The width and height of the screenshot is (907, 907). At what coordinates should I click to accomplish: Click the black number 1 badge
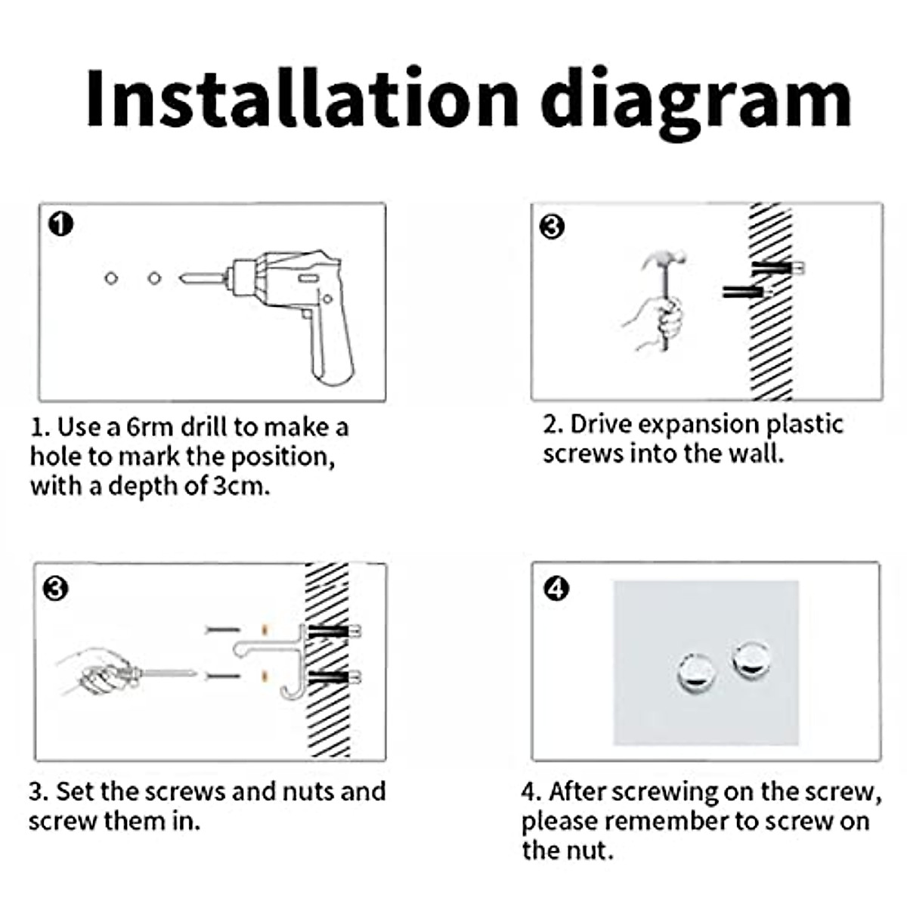[x=60, y=224]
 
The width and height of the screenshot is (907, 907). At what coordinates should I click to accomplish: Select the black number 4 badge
[x=556, y=588]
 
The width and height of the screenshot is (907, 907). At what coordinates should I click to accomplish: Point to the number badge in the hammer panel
[x=552, y=227]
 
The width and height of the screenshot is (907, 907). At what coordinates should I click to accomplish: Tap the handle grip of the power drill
[x=333, y=348]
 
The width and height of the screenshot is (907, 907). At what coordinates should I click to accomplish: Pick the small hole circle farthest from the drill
[x=111, y=278]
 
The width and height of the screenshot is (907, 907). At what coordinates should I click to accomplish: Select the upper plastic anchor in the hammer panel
[x=777, y=268]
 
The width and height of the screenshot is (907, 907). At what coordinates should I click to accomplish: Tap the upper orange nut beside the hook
[x=265, y=630]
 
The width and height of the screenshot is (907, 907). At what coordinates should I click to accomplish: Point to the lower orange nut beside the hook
[x=265, y=676]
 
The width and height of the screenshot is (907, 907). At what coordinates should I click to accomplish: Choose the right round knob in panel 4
[x=752, y=659]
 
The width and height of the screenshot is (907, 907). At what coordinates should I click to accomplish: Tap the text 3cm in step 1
[x=241, y=486]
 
